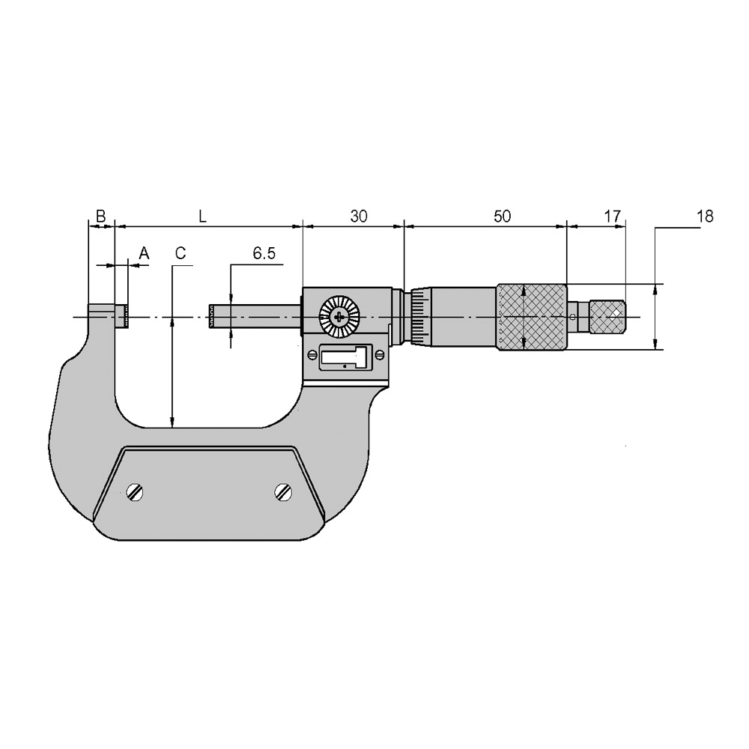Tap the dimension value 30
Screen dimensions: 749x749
[x=359, y=216]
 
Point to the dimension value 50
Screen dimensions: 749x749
[x=502, y=216]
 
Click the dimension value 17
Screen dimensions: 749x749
[x=612, y=216]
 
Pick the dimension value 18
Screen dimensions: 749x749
[x=704, y=216]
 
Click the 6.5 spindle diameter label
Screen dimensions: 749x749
[x=264, y=254]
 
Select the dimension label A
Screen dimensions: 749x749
[x=145, y=254]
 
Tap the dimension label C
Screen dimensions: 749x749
[x=180, y=254]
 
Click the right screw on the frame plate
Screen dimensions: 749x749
[x=282, y=491]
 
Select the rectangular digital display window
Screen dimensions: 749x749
[x=345, y=357]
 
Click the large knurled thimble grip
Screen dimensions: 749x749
[x=530, y=317]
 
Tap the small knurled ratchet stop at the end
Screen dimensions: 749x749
[x=608, y=317]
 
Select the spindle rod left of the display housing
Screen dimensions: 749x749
[x=255, y=317]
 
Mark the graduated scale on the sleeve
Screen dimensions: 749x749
[x=417, y=318]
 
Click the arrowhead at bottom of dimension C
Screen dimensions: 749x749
[x=172, y=423]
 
